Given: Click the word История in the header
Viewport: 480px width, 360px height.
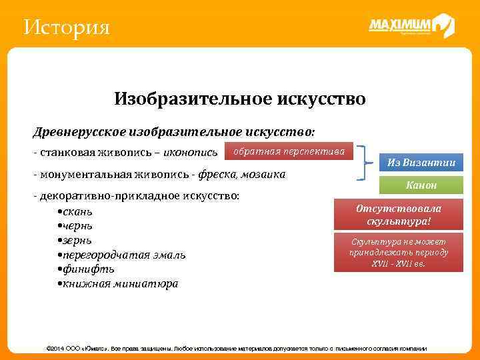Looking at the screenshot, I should pos(66,28).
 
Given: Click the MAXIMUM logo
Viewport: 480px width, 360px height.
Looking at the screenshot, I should pos(411,26).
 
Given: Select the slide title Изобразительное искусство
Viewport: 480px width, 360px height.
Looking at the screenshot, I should pos(240,99).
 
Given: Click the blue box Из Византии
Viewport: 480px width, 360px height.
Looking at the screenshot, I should pos(421,162).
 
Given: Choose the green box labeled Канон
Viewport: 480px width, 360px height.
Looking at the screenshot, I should pos(421,185).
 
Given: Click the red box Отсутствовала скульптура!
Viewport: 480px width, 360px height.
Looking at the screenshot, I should pos(399,214).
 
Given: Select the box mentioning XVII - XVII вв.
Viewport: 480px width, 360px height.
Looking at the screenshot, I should pos(399,253).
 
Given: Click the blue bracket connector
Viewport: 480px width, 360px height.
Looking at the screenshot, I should pos(364,163).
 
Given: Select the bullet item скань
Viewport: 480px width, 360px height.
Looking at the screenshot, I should pos(78,212).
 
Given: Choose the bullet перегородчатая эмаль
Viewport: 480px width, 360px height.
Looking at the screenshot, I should pos(124,255).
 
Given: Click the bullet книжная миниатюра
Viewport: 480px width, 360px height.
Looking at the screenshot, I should pos(120,283).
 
